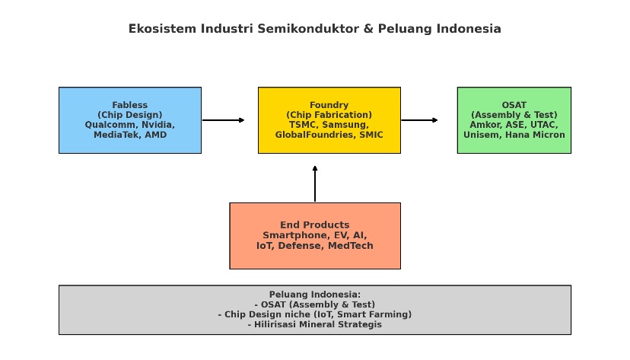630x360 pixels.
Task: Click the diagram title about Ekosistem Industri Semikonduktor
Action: click(x=314, y=29)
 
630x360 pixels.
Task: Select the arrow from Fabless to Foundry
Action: click(x=223, y=120)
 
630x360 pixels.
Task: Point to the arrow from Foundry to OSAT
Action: click(x=419, y=120)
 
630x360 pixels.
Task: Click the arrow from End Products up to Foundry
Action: click(x=315, y=184)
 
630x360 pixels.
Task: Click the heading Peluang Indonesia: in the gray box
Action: click(x=314, y=295)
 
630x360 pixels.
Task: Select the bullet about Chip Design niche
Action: click(x=314, y=314)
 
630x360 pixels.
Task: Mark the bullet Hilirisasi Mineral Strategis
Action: click(x=314, y=324)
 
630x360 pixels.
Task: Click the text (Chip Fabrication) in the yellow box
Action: click(x=329, y=115)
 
